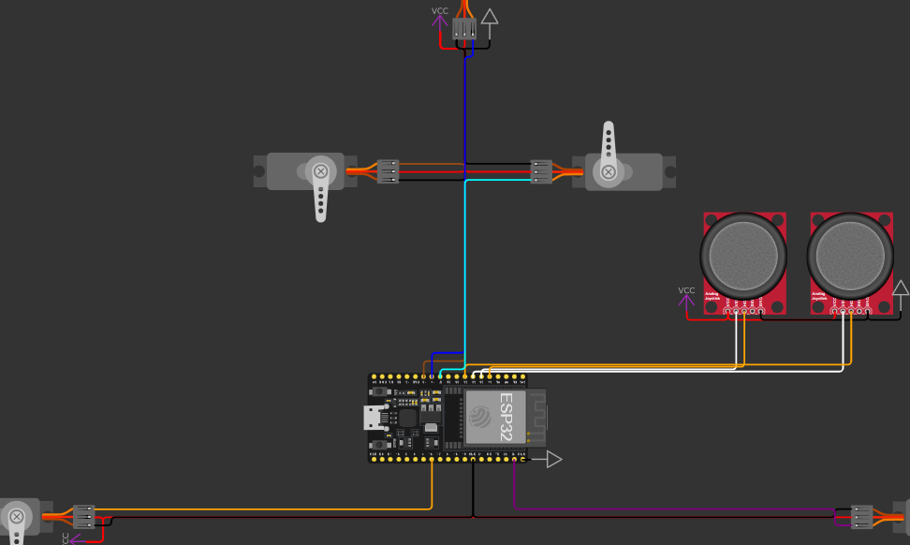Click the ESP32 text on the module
[x=506, y=417]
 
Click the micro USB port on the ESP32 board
[x=373, y=418]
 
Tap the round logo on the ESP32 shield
[x=480, y=417]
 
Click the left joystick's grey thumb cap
[x=743, y=255]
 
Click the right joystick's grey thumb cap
[x=850, y=255]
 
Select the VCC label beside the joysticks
[x=686, y=290]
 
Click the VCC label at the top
[x=439, y=11]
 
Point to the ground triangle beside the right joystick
[x=900, y=288]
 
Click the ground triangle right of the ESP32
[x=553, y=459]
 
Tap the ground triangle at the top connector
[x=489, y=16]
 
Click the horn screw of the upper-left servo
[x=321, y=171]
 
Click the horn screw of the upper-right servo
[x=609, y=171]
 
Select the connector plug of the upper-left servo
[x=388, y=171]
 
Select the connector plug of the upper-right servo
[x=541, y=171]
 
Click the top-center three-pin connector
[x=463, y=30]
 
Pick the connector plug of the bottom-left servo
[x=84, y=516]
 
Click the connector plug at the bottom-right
[x=861, y=516]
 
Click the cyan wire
[x=465, y=272]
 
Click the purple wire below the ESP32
[x=655, y=510]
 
